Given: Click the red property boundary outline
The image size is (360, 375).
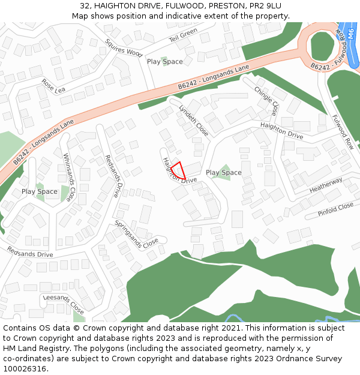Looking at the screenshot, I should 178,170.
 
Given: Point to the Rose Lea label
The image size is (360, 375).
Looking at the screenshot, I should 53,86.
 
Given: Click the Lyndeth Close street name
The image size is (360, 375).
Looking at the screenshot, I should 194,120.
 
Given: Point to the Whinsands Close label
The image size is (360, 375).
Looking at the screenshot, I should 70,177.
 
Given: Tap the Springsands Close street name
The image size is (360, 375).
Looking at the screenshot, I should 137,235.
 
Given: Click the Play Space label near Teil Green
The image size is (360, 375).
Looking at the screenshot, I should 165,62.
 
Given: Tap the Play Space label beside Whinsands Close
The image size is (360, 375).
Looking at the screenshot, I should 40,192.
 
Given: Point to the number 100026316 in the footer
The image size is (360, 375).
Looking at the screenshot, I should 25,368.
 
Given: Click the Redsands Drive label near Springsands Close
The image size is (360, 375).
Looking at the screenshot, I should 112,176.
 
